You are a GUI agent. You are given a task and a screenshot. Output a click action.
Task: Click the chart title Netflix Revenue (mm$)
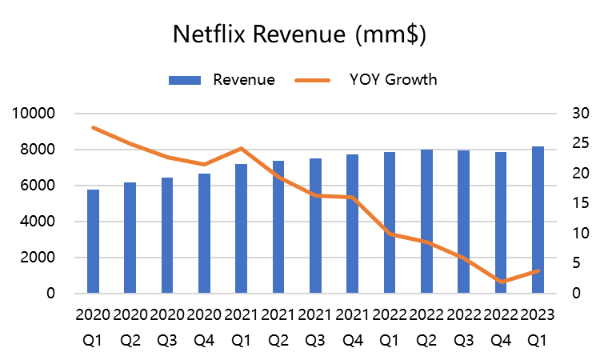pyautogui.click(x=300, y=36)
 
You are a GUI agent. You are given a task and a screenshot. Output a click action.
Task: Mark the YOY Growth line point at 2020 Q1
pyautogui.click(x=94, y=127)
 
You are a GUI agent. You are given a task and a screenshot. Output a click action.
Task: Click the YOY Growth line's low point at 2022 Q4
pyautogui.click(x=502, y=282)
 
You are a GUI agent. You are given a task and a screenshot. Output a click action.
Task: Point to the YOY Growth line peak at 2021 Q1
pyautogui.click(x=242, y=148)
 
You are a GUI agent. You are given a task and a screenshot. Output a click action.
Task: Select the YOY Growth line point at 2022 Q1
pyautogui.click(x=390, y=234)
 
